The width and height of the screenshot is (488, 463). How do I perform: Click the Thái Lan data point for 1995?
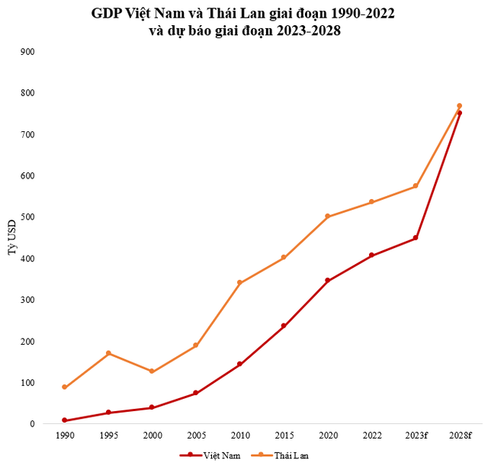(108, 353)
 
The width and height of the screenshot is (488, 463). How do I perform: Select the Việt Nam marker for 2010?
(239, 364)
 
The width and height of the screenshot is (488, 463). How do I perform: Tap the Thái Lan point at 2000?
(152, 371)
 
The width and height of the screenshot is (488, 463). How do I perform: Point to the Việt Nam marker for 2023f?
(416, 238)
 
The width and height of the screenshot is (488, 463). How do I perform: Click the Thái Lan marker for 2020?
(327, 217)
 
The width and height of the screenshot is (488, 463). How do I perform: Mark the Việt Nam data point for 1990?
(65, 420)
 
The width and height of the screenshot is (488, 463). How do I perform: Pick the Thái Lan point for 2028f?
(459, 106)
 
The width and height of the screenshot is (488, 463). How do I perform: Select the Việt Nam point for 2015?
(284, 326)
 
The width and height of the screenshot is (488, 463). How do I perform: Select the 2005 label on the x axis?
(196, 436)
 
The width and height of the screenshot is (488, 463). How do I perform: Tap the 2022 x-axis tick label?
(371, 436)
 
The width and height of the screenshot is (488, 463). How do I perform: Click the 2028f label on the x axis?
(459, 436)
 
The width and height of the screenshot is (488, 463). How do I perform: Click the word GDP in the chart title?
(106, 14)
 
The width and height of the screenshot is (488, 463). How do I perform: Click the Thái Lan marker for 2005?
(196, 346)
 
